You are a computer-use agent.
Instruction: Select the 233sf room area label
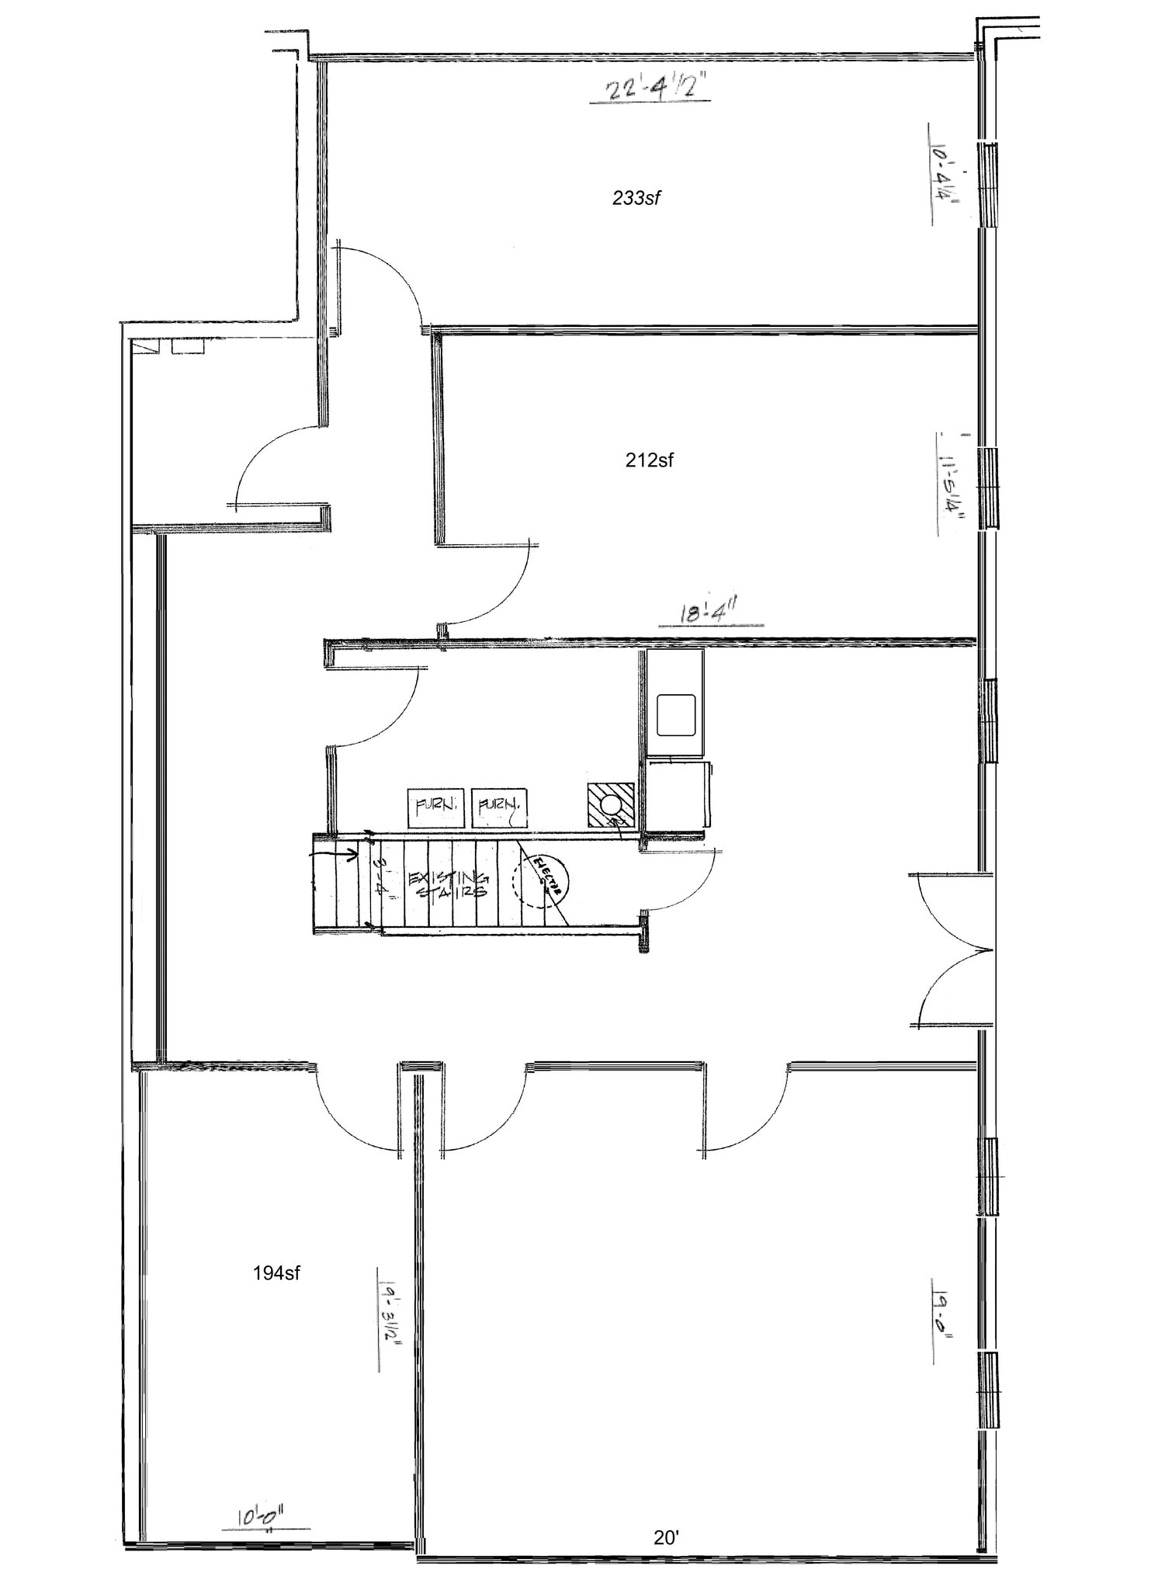tap(636, 198)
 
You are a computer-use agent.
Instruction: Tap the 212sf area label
tap(649, 460)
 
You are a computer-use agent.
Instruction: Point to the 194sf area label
tap(276, 1273)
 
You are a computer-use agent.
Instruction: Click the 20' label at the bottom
tap(666, 1537)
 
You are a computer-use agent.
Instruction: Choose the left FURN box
tap(436, 807)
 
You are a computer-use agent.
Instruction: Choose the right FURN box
tap(499, 807)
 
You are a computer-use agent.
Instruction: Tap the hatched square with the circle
tap(611, 804)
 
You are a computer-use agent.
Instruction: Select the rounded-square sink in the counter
tap(675, 715)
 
